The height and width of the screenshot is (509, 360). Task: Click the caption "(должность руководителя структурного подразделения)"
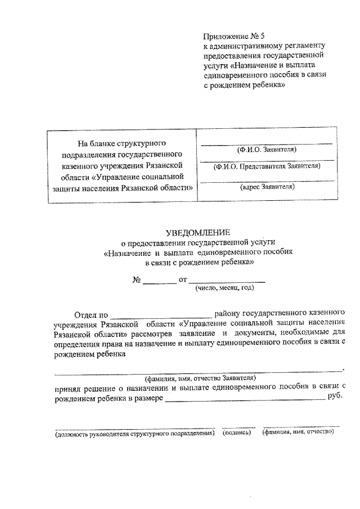click(x=134, y=434)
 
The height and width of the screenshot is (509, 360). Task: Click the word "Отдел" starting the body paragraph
click(x=85, y=313)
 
